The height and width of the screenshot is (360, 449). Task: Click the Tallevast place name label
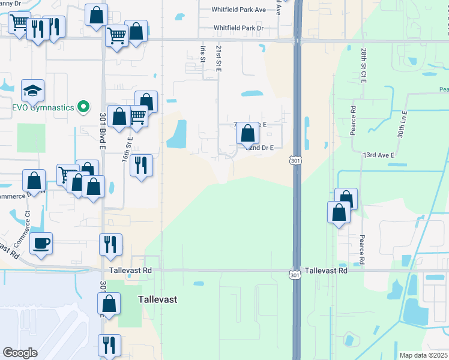(157, 299)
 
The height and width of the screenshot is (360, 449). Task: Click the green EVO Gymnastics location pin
(85, 107)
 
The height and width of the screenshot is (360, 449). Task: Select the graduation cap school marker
(32, 91)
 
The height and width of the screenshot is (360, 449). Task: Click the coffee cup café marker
(41, 244)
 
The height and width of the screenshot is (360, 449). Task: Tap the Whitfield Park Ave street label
(239, 10)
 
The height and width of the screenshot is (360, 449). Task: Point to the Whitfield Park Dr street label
(239, 28)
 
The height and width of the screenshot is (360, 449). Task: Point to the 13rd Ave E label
(378, 155)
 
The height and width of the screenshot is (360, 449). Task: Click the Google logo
(20, 353)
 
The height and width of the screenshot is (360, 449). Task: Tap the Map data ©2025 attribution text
(423, 355)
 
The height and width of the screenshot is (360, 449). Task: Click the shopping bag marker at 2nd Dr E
(247, 134)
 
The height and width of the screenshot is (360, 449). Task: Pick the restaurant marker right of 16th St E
(141, 166)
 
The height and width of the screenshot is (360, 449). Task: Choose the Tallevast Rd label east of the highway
(326, 271)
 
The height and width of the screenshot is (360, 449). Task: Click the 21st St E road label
(218, 58)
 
